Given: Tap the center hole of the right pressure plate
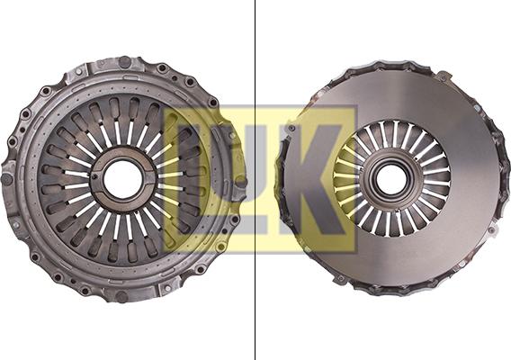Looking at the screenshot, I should coord(391,178).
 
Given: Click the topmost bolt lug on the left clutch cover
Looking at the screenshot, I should coord(123,62).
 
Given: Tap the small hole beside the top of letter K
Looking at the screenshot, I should coord(291,129).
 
